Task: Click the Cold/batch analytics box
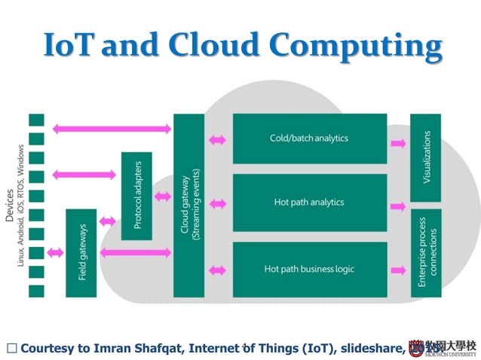pos(309,139)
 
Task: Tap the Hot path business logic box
pos(309,269)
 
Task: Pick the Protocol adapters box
pos(136,196)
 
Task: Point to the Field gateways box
pos(81,252)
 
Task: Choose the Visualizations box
pos(426,157)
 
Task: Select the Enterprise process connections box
pos(426,252)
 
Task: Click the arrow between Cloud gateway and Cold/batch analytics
pos(218,139)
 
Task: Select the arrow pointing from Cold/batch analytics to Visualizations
pos(397,141)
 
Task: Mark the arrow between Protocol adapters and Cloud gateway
pos(162,197)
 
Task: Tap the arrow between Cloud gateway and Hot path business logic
pos(218,269)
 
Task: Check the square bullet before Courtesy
pos(11,348)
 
